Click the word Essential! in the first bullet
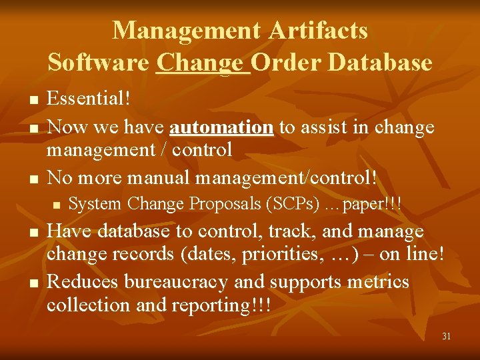[x=89, y=99]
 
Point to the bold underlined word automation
[x=221, y=127]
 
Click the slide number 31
[x=446, y=336]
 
